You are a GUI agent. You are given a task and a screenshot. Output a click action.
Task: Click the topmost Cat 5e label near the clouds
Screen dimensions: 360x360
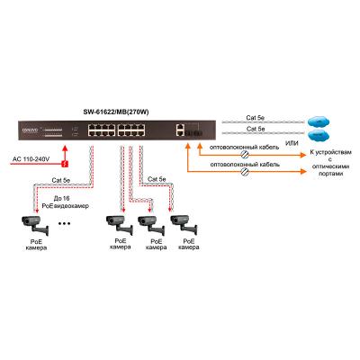(x=257, y=116)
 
